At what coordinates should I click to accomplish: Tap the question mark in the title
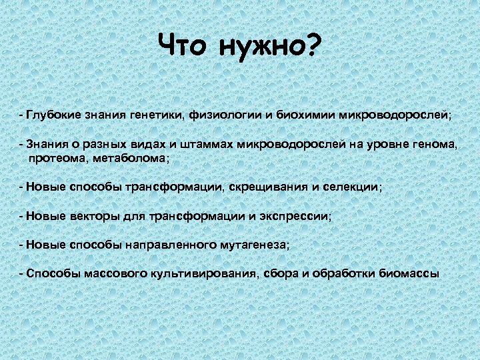click(x=313, y=46)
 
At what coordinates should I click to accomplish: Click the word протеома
click(x=56, y=159)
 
